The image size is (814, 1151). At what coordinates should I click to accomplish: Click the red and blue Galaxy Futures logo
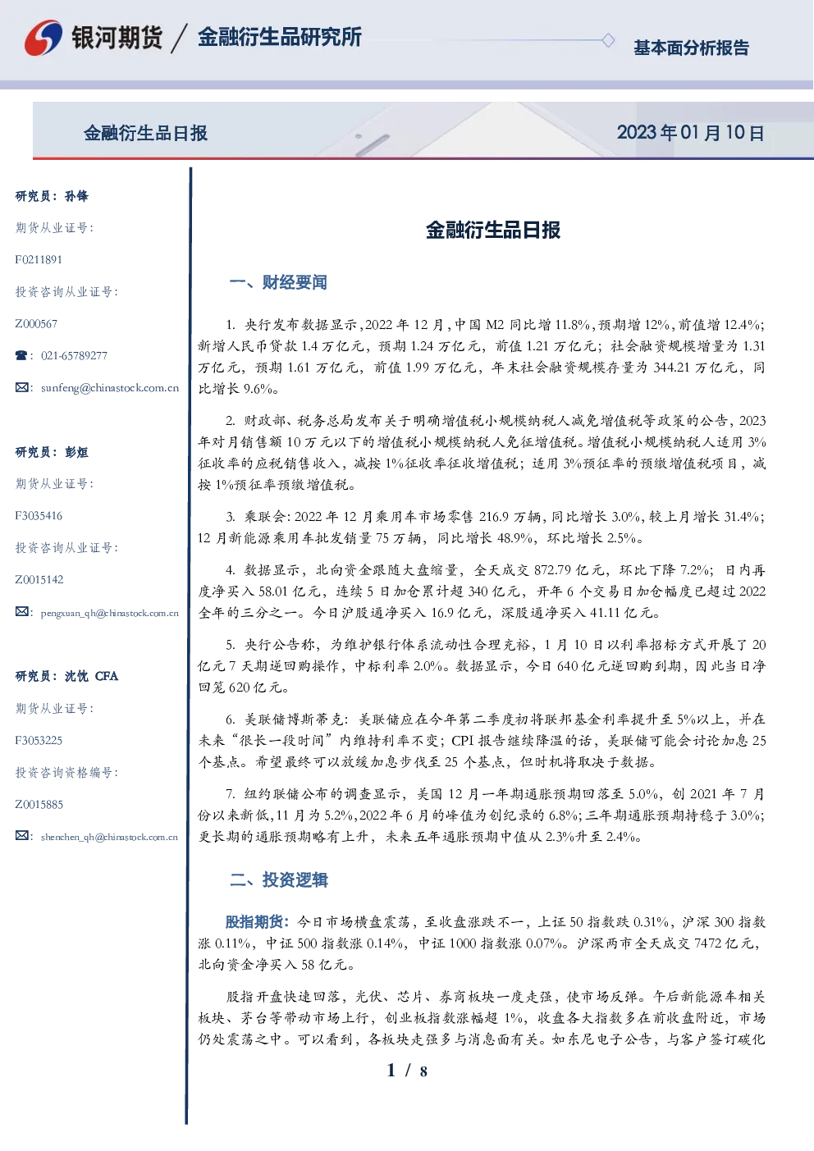pyautogui.click(x=43, y=38)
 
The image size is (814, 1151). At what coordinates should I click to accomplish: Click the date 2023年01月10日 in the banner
pyautogui.click(x=690, y=133)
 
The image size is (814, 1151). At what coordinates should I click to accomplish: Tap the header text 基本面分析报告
pyautogui.click(x=691, y=48)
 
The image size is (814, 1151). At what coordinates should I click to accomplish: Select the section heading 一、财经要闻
pyautogui.click(x=278, y=282)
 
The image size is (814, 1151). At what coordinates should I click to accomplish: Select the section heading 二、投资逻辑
pyautogui.click(x=278, y=879)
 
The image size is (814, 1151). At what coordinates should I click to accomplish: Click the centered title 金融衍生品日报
pyautogui.click(x=493, y=230)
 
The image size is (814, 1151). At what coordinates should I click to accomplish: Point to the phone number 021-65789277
pyautogui.click(x=74, y=355)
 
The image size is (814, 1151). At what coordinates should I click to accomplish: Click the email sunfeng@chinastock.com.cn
pyautogui.click(x=110, y=388)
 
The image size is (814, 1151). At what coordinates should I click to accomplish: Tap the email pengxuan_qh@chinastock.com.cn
pyautogui.click(x=109, y=613)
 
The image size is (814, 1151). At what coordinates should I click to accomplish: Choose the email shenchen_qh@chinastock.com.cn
pyautogui.click(x=109, y=837)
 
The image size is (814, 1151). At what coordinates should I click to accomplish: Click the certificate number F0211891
pyautogui.click(x=39, y=259)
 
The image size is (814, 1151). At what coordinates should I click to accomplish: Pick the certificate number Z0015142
pyautogui.click(x=39, y=580)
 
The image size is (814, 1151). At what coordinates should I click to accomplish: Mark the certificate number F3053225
pyautogui.click(x=39, y=741)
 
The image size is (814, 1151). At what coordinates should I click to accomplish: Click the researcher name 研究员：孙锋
pyautogui.click(x=52, y=196)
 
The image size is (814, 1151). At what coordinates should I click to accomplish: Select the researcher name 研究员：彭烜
pyautogui.click(x=52, y=452)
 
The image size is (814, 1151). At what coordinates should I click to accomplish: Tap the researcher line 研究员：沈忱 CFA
pyautogui.click(x=66, y=676)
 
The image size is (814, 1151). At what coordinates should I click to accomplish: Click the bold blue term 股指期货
pyautogui.click(x=254, y=922)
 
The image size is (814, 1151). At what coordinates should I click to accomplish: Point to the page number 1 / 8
pyautogui.click(x=406, y=1071)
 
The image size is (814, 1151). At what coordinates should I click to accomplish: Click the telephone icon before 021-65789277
pyautogui.click(x=21, y=355)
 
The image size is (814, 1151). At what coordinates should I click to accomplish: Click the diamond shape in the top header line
pyautogui.click(x=608, y=40)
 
